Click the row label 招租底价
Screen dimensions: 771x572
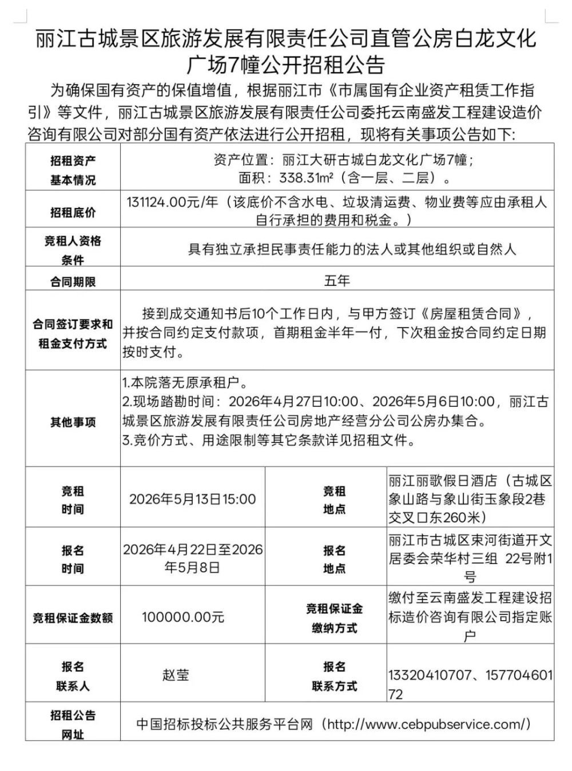pos(73,213)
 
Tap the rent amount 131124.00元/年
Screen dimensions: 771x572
pos(172,203)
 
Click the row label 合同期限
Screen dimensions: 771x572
pos(73,281)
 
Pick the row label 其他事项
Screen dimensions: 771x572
pos(73,422)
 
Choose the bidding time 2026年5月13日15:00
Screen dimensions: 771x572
pos(192,499)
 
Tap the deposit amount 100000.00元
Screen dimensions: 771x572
pos(183,617)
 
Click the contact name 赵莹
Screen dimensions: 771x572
pos(176,675)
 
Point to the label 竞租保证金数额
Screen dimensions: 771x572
pos(73,618)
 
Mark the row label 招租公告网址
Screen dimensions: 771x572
pos(73,725)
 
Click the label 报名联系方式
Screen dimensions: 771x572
pos(335,676)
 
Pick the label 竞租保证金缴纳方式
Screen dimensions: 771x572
pos(335,618)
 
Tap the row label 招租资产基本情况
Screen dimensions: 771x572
pos(73,170)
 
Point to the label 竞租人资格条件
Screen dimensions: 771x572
pos(73,250)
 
